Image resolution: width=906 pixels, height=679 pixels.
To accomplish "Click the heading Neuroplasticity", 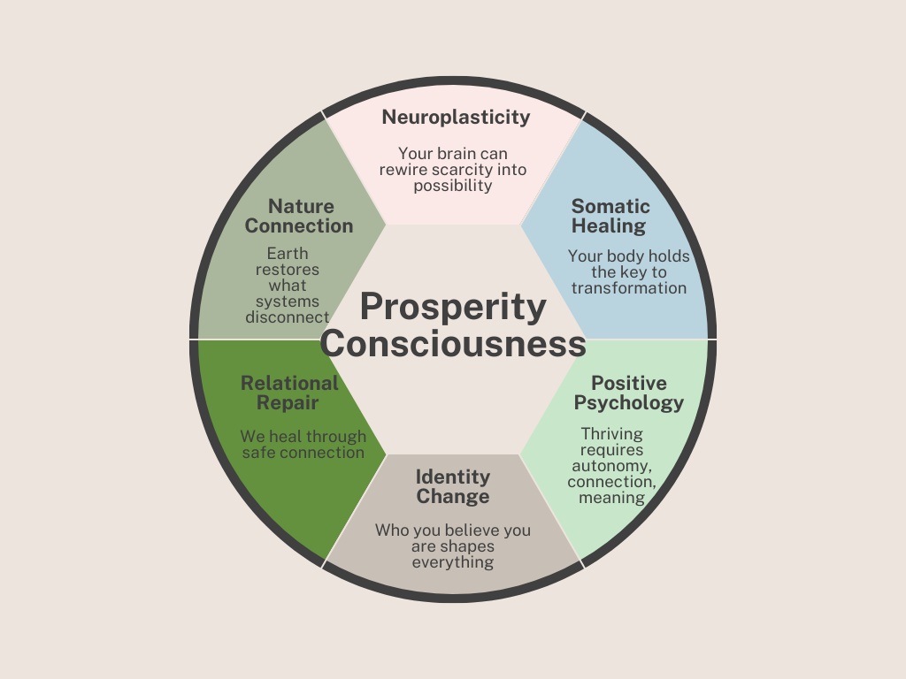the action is pyautogui.click(x=456, y=117).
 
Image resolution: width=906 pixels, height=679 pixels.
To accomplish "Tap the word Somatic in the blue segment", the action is pyautogui.click(x=610, y=207).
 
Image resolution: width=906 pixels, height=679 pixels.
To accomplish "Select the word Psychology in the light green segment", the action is pyautogui.click(x=629, y=403).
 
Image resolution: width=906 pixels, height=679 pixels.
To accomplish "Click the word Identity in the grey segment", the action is pyautogui.click(x=453, y=477).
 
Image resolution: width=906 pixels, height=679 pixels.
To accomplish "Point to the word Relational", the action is pyautogui.click(x=289, y=384).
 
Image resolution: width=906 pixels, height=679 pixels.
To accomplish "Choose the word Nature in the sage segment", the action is pyautogui.click(x=301, y=207).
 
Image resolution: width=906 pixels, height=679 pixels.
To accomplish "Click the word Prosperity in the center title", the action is pyautogui.click(x=453, y=308).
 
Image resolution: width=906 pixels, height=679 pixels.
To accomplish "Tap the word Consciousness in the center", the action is pyautogui.click(x=453, y=344).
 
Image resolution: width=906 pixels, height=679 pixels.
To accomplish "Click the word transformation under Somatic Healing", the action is pyautogui.click(x=629, y=288).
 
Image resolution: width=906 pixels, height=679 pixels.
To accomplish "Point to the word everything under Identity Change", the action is pyautogui.click(x=453, y=562).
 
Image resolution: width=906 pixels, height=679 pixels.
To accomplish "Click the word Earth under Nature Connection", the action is pyautogui.click(x=288, y=254).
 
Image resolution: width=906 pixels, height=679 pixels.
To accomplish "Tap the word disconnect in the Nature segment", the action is pyautogui.click(x=288, y=317).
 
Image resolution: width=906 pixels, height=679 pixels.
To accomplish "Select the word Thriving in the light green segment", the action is pyautogui.click(x=611, y=434).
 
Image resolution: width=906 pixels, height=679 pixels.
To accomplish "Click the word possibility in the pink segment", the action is pyautogui.click(x=453, y=186).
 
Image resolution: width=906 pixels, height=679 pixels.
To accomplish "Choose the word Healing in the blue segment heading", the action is pyautogui.click(x=609, y=226).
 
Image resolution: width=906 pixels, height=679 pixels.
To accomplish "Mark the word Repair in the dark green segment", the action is pyautogui.click(x=288, y=403).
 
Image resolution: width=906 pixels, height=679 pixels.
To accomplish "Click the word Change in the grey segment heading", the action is pyautogui.click(x=453, y=497).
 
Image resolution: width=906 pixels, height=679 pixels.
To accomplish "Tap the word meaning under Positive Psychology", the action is pyautogui.click(x=611, y=498).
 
